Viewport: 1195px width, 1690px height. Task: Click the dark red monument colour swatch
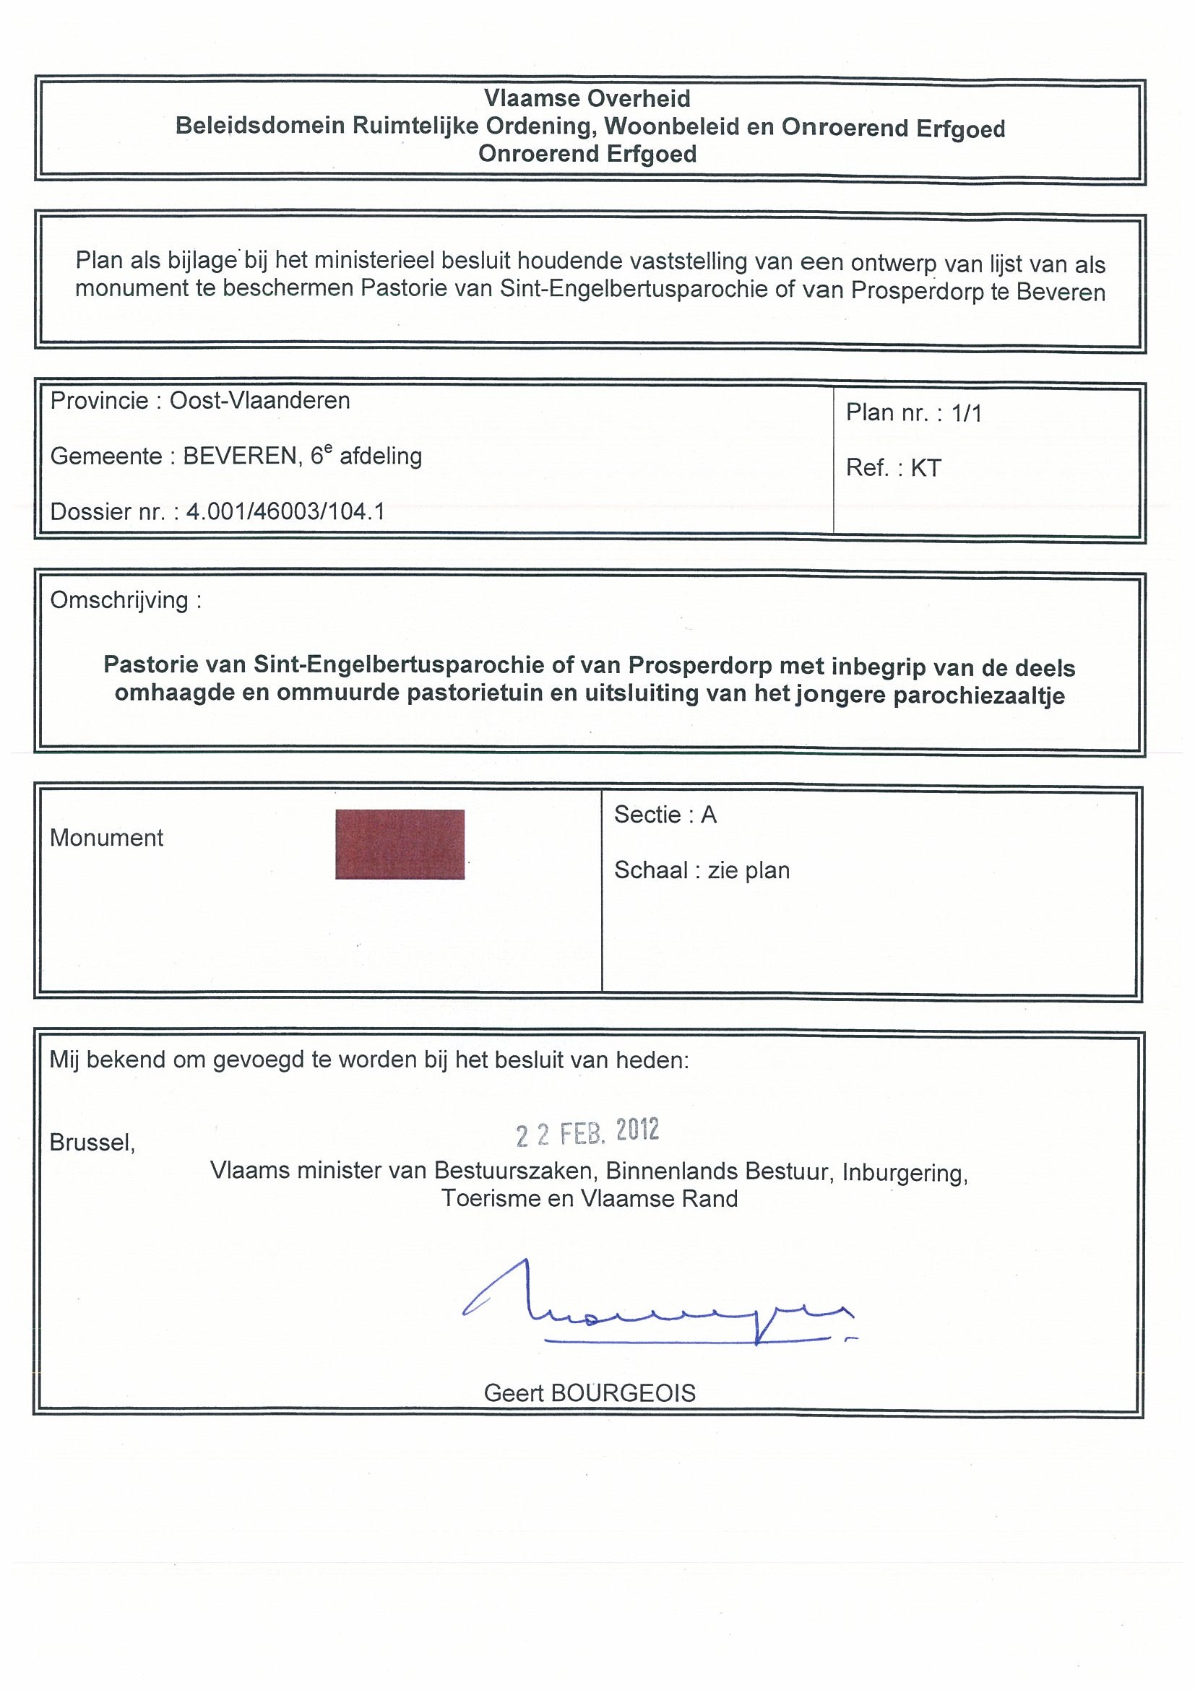[x=399, y=844]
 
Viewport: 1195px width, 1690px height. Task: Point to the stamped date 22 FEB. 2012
[x=587, y=1132]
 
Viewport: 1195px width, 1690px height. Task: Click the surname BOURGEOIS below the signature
[x=622, y=1392]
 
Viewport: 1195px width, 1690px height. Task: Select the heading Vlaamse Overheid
[x=587, y=99]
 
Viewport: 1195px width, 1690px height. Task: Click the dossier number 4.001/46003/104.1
[x=285, y=511]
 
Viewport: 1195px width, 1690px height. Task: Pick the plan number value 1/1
[x=966, y=413]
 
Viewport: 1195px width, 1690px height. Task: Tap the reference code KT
[x=926, y=468]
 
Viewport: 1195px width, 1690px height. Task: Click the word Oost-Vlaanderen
[x=260, y=400]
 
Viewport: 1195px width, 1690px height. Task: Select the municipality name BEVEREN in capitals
[x=239, y=456]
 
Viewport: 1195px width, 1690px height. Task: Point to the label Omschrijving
[x=119, y=600]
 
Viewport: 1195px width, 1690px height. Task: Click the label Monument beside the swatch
[x=107, y=838]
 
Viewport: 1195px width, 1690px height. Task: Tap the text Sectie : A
[x=665, y=814]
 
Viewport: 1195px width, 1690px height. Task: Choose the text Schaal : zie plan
[x=702, y=870]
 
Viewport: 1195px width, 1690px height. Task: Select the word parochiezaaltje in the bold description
[x=978, y=695]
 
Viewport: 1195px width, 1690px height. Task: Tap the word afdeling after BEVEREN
[x=381, y=456]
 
